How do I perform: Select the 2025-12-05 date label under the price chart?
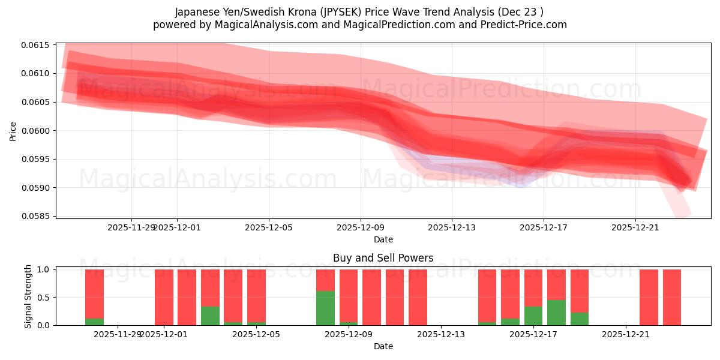coord(269,227)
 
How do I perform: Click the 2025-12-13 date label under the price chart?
coord(452,227)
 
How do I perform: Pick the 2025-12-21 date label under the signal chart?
coord(626,334)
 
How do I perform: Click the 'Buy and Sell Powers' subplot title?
coord(383,259)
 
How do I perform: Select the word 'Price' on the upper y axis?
coord(13,131)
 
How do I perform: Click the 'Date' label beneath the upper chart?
coord(383,239)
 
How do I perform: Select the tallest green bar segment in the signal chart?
coord(325,308)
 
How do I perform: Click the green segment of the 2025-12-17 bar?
coord(533,316)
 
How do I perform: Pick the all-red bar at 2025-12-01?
coord(164,298)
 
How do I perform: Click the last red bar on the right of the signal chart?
coord(672,298)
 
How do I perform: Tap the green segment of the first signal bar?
coord(94,322)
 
